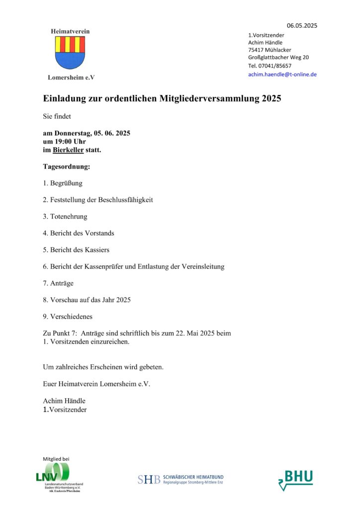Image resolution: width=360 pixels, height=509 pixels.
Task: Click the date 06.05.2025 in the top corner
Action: [x=302, y=25]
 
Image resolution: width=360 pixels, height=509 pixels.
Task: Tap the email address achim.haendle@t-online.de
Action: [x=282, y=75]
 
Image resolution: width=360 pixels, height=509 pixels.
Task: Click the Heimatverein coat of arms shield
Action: [x=70, y=52]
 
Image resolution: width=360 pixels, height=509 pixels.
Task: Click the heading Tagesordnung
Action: [x=66, y=167]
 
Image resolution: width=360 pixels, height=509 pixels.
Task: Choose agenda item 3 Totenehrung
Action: [x=65, y=216]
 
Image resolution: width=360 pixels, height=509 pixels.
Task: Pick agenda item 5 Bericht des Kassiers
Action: [x=76, y=250]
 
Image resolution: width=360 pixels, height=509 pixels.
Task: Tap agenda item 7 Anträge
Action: [x=58, y=283]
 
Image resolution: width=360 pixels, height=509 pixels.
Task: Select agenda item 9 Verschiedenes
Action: [x=68, y=316]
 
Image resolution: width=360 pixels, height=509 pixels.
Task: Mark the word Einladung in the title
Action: [x=66, y=99]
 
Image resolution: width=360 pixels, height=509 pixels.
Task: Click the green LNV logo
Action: [x=52, y=472]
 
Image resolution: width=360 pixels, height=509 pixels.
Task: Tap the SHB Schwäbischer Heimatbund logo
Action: [x=180, y=479]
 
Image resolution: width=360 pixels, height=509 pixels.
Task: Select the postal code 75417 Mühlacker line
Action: [x=270, y=50]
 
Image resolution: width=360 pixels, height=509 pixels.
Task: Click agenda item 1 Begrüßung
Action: [x=63, y=183]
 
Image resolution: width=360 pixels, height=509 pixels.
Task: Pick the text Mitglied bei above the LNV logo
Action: [x=56, y=458]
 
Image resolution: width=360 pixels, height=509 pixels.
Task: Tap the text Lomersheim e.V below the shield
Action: [x=71, y=78]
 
